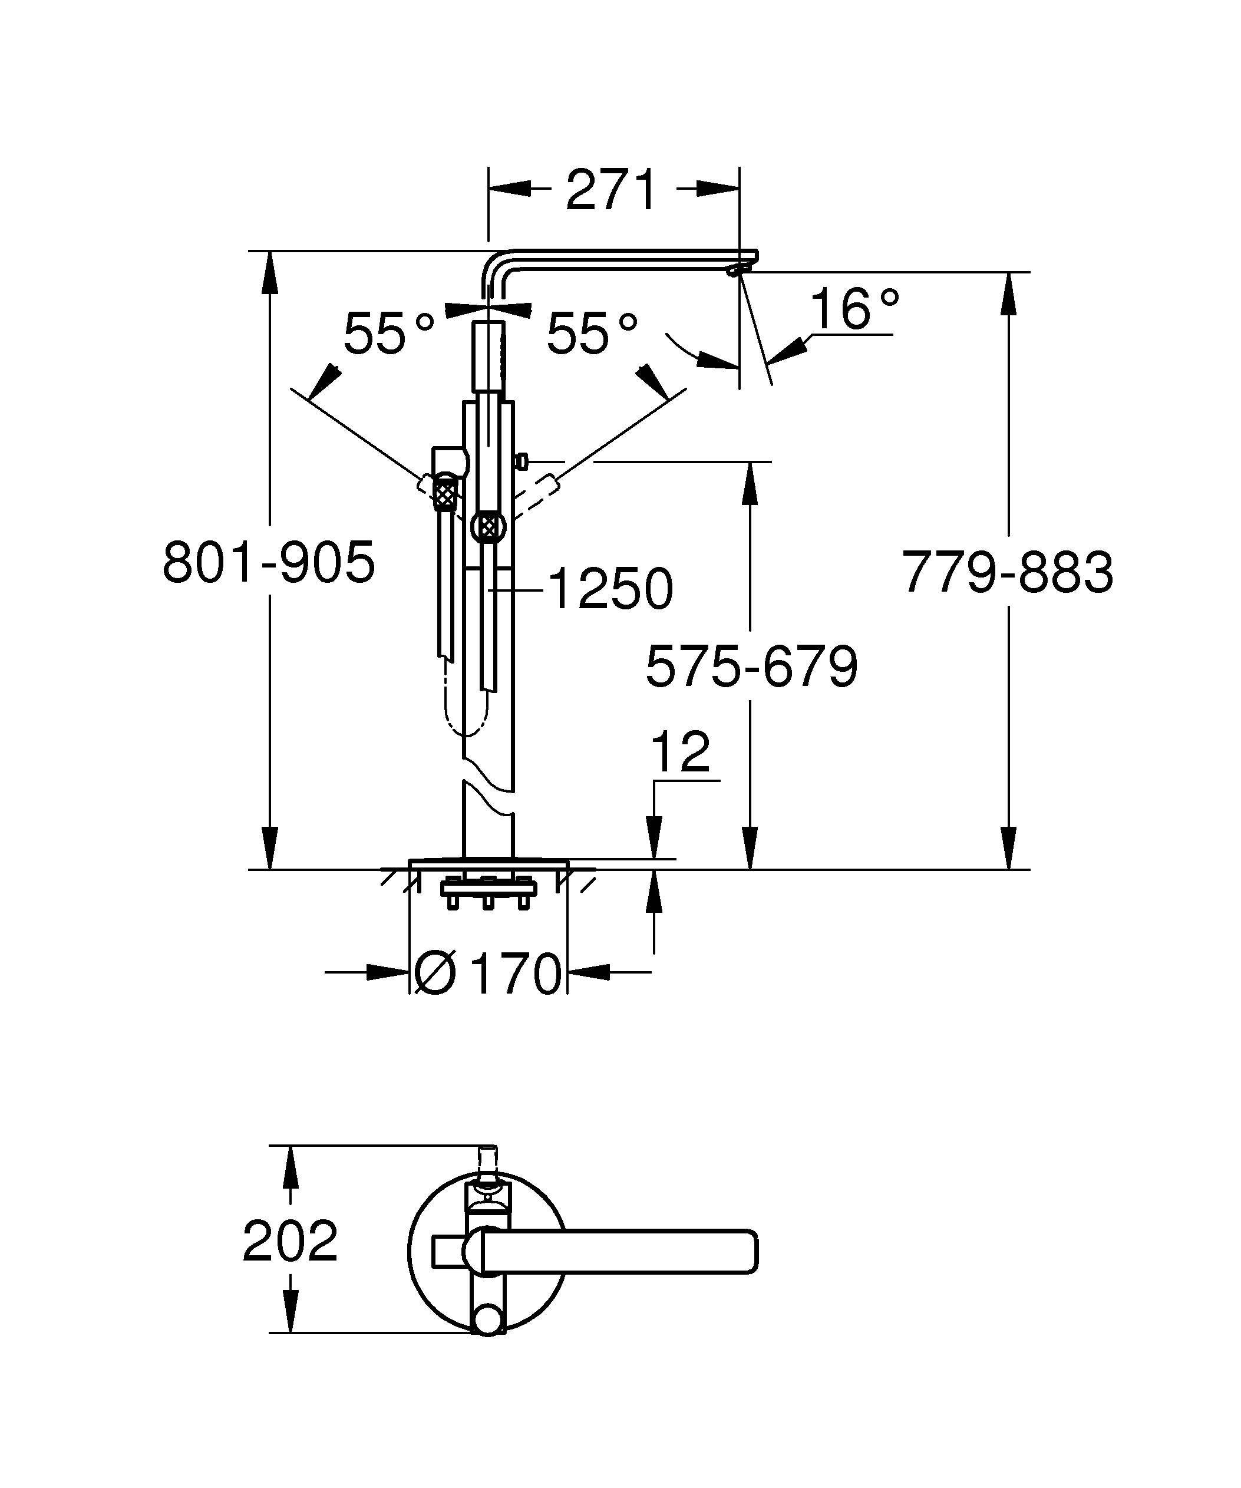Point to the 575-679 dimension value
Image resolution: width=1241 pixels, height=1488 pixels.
[751, 667]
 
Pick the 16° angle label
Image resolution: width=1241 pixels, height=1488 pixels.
[853, 309]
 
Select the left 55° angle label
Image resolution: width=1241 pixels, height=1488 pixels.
[388, 334]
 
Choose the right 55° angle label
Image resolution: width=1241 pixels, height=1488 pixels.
[592, 334]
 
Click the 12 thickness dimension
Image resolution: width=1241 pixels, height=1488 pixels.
[680, 753]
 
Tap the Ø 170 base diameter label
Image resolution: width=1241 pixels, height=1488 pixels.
[488, 974]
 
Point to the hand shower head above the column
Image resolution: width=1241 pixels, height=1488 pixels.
[488, 356]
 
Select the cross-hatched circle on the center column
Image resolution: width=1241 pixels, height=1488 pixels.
[487, 526]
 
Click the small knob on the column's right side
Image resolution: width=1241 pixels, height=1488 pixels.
[522, 463]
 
